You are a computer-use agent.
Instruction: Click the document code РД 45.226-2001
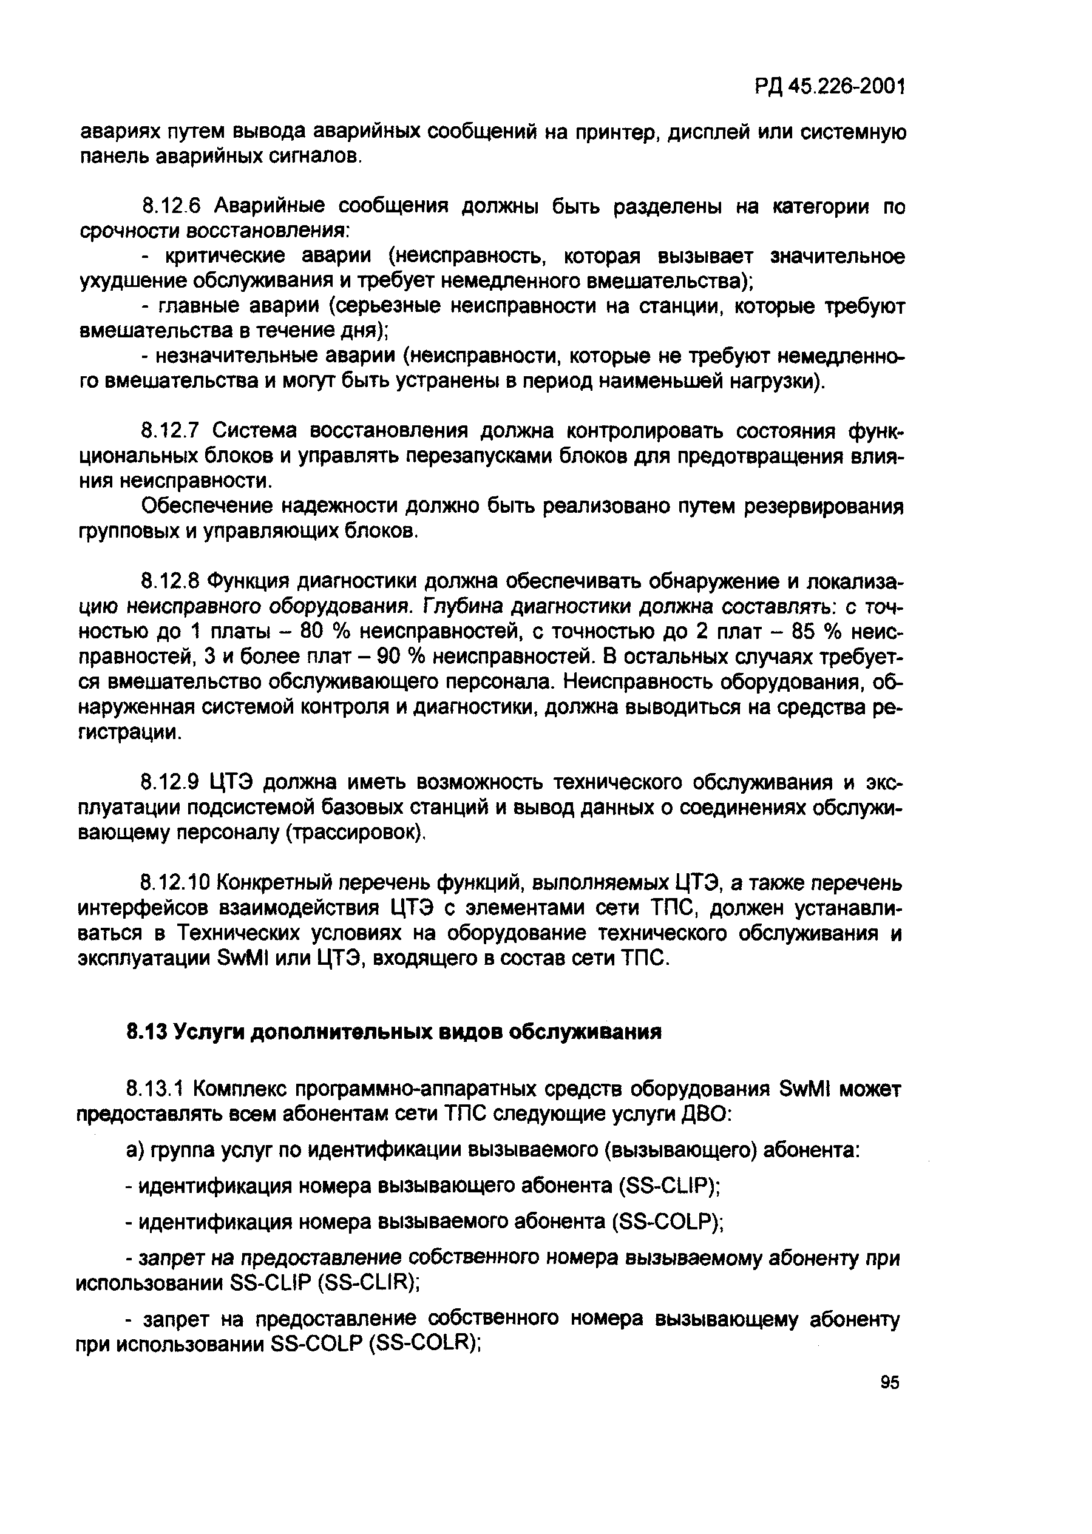[829, 87]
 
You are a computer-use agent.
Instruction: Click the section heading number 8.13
[146, 1033]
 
